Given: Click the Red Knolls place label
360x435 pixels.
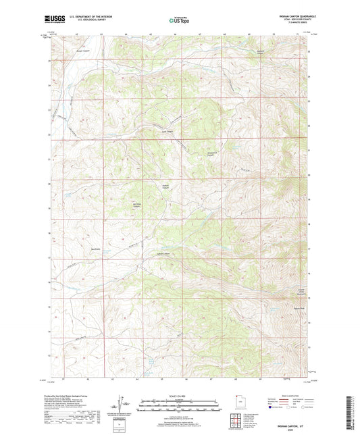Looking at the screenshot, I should click(87, 248).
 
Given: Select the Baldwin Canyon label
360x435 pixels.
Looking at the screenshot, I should click(166, 185).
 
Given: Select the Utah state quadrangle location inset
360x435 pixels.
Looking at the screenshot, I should click(236, 404).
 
